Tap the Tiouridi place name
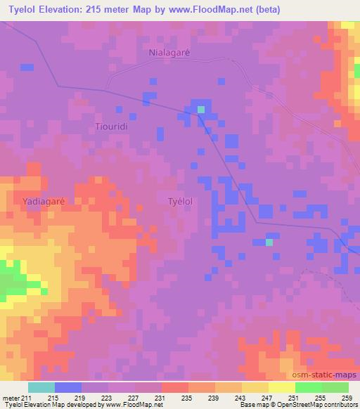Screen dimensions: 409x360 (111, 126)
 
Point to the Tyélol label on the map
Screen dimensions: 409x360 (181, 201)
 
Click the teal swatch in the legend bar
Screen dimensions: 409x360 (41, 387)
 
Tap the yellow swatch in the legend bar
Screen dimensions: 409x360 (281, 387)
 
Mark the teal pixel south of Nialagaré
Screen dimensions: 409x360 (201, 109)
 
